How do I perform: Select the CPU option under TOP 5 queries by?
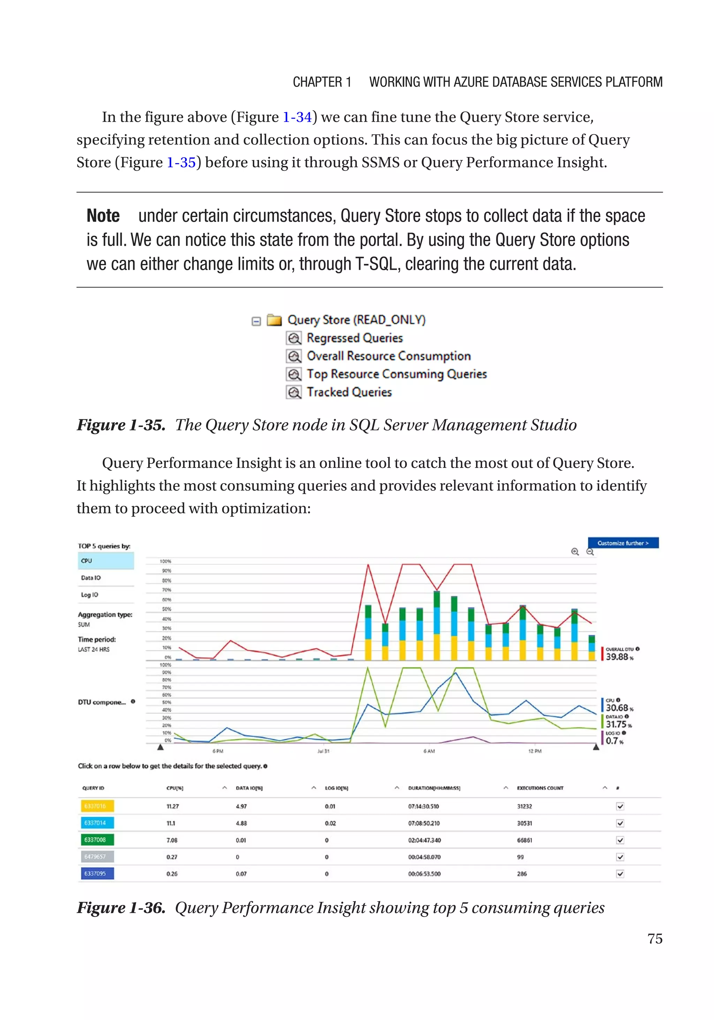(106, 561)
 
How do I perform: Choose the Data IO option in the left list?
(106, 578)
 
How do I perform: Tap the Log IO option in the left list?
(106, 594)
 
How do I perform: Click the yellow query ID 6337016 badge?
(97, 806)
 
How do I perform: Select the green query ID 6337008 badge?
(97, 840)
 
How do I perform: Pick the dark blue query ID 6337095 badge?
(97, 873)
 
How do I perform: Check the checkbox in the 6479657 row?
(620, 857)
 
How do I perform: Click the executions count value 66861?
(524, 840)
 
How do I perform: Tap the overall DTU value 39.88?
(617, 657)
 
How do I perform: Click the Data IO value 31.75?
(616, 724)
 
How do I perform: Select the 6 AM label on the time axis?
(429, 751)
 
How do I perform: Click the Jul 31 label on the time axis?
(323, 751)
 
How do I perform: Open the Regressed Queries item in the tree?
(354, 338)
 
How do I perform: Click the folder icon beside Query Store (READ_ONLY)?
(274, 320)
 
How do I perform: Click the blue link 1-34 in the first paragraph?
(297, 117)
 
